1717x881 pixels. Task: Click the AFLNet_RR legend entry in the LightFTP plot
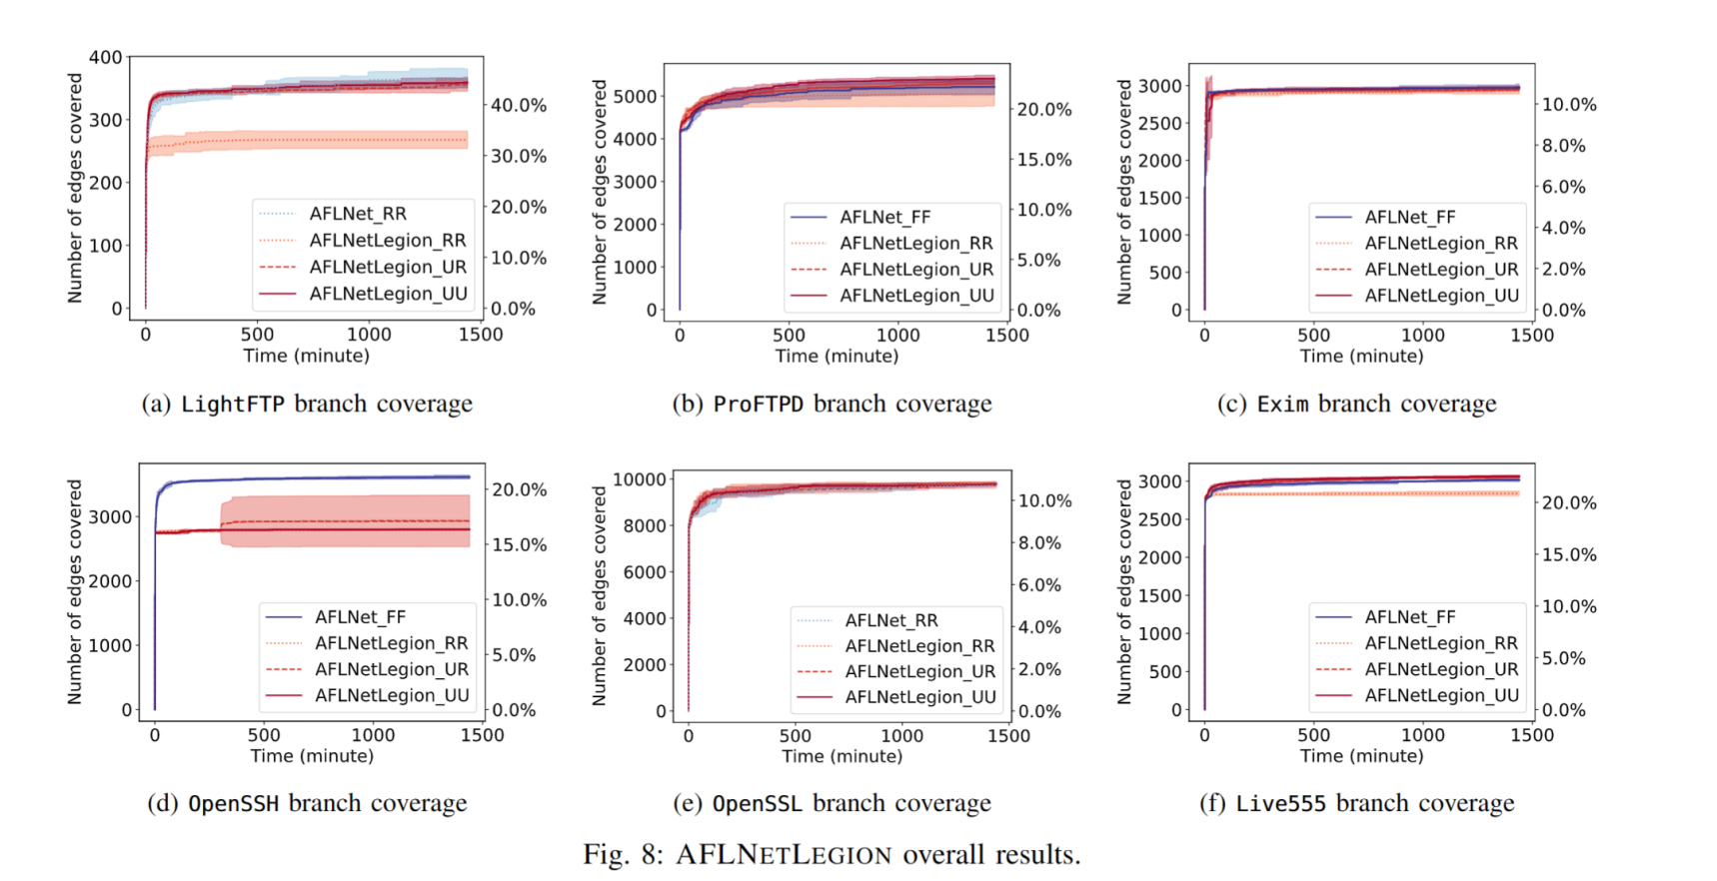pyautogui.click(x=357, y=214)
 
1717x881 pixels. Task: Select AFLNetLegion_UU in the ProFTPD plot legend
pyautogui.click(x=915, y=296)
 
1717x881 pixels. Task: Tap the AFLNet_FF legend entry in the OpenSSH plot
pyautogui.click(x=360, y=617)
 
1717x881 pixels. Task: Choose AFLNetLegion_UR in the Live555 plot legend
pyautogui.click(x=1440, y=669)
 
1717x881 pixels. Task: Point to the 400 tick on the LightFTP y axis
pyautogui.click(x=105, y=58)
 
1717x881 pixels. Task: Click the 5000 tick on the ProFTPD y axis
pyautogui.click(x=635, y=97)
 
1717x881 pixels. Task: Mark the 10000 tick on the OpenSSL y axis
pyautogui.click(x=639, y=479)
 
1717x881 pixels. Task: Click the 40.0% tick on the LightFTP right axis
pyautogui.click(x=519, y=106)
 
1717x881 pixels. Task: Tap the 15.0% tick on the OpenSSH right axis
pyautogui.click(x=520, y=545)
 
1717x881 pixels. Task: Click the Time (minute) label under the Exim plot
pyautogui.click(x=1361, y=357)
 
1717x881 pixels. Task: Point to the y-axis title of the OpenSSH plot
pyautogui.click(x=75, y=591)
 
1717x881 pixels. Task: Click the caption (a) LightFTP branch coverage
pyautogui.click(x=307, y=404)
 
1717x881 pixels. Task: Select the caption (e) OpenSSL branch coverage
pyautogui.click(x=832, y=803)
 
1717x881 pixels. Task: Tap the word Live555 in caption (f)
pyautogui.click(x=1281, y=803)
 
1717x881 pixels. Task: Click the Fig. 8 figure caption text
pyautogui.click(x=832, y=855)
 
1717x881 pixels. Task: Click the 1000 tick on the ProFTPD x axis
pyautogui.click(x=897, y=336)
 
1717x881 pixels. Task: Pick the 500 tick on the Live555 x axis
pyautogui.click(x=1313, y=735)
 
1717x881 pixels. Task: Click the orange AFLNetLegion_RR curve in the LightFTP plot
pyautogui.click(x=300, y=141)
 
